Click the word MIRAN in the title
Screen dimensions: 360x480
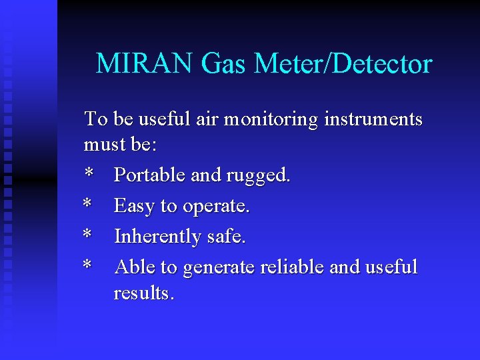[144, 65]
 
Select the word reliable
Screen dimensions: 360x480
[292, 267]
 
